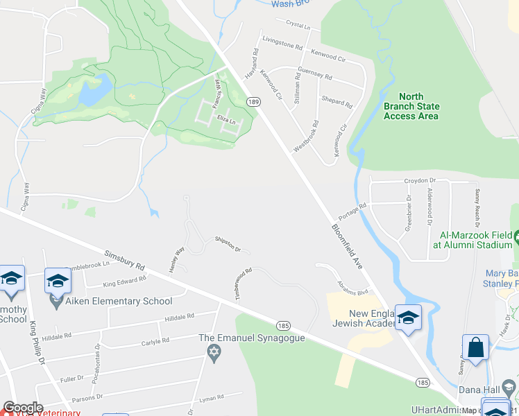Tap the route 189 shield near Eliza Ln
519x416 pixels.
(254, 102)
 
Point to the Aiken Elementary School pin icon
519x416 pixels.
(56, 302)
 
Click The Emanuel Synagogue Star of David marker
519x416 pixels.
(214, 354)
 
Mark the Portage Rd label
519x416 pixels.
(352, 211)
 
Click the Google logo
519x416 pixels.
(23, 408)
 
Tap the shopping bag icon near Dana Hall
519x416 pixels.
(476, 349)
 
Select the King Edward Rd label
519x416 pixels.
(124, 281)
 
